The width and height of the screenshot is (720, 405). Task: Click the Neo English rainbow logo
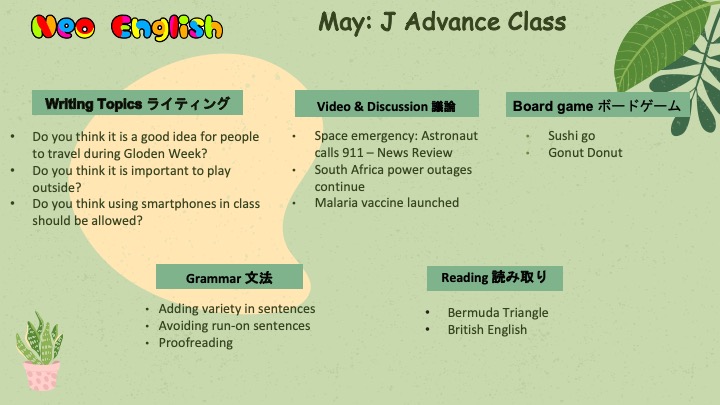point(127,27)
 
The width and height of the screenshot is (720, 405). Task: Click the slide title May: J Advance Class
point(442,22)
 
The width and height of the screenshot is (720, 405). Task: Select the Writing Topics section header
point(137,103)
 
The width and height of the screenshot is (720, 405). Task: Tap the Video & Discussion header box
point(387,104)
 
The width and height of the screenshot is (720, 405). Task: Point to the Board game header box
point(597,105)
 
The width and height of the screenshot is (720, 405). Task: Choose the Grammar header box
point(229,277)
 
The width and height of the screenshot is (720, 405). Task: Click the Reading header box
point(495,278)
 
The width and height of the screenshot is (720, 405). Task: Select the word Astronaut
point(450,136)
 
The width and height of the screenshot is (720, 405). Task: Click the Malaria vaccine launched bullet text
point(387,202)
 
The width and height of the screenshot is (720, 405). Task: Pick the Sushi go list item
point(571,136)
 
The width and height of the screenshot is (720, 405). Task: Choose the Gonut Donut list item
point(585,152)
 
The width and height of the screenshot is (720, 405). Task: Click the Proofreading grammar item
point(196,343)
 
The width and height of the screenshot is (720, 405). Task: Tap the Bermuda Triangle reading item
point(498,313)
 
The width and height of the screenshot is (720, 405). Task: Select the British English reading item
point(487,330)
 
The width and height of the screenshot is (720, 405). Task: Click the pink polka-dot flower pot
point(42,376)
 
